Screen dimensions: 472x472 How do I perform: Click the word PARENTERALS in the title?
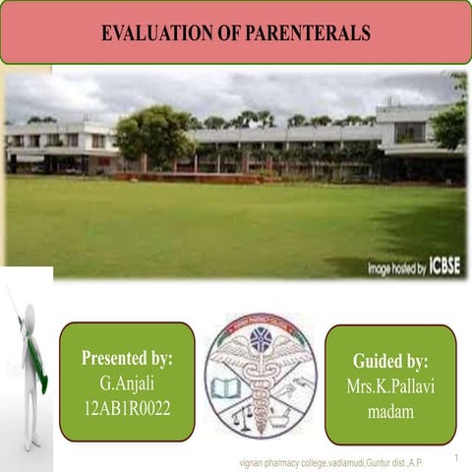click(x=312, y=33)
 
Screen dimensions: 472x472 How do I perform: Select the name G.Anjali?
click(x=127, y=382)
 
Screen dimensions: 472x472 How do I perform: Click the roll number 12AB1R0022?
click(x=127, y=406)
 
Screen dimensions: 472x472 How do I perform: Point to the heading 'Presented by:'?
click(x=127, y=357)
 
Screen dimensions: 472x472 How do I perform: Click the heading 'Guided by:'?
click(x=390, y=361)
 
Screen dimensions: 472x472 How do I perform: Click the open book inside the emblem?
click(x=226, y=388)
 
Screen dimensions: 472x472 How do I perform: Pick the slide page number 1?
click(x=457, y=457)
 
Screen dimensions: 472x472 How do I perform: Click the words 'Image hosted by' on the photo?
click(x=396, y=266)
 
